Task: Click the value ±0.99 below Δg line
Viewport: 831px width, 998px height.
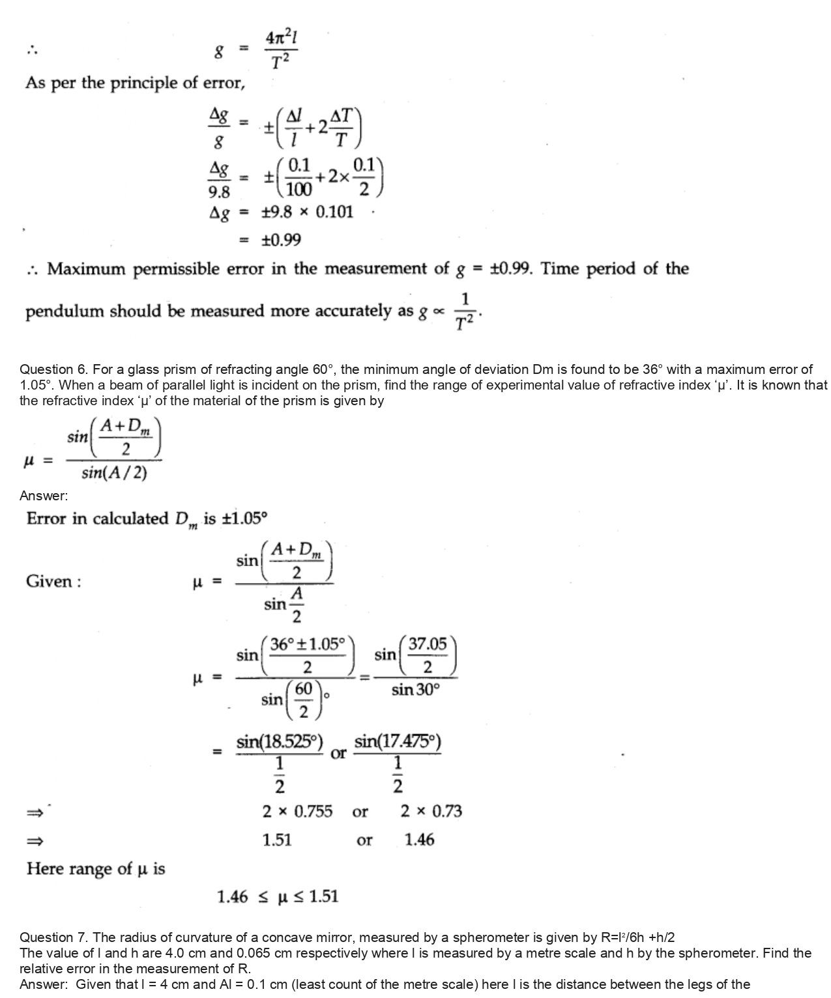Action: pyautogui.click(x=281, y=240)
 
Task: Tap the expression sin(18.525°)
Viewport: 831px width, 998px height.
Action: pyautogui.click(x=280, y=741)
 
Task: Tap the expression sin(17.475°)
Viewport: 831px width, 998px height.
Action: pyautogui.click(x=398, y=741)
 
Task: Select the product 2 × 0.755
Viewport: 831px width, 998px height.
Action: pyautogui.click(x=297, y=812)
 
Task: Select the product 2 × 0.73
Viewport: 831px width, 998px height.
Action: pyautogui.click(x=431, y=812)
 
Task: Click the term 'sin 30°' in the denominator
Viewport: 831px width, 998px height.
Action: pyautogui.click(x=416, y=690)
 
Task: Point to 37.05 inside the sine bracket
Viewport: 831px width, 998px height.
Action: pyautogui.click(x=428, y=645)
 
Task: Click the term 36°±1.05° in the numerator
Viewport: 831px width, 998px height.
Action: pyautogui.click(x=307, y=644)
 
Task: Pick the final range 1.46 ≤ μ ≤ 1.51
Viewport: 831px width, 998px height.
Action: pyautogui.click(x=278, y=897)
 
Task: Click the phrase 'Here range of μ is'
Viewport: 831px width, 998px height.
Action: pyautogui.click(x=96, y=869)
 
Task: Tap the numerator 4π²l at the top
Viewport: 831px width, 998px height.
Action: pyautogui.click(x=281, y=39)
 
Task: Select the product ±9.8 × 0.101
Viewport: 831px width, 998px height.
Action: pyautogui.click(x=307, y=212)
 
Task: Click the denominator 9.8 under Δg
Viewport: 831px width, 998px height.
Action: pyautogui.click(x=219, y=192)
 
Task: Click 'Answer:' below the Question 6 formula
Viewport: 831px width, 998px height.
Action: pyautogui.click(x=44, y=496)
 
